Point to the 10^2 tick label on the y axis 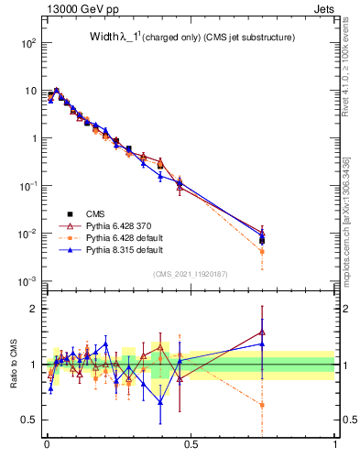click(x=27, y=43)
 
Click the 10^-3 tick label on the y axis click(x=27, y=281)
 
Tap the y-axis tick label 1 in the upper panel click(x=33, y=138)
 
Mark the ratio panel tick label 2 click(x=34, y=309)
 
